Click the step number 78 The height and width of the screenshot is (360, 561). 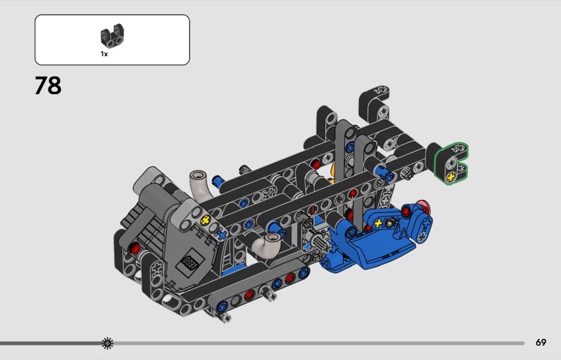click(48, 86)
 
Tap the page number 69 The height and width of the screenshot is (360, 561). click(541, 342)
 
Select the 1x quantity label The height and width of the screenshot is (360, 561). click(104, 54)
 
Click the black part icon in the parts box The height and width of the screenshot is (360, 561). click(112, 36)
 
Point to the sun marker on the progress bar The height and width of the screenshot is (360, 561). click(107, 343)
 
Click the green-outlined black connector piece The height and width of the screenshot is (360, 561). click(450, 164)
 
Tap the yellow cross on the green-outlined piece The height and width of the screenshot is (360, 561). click(451, 176)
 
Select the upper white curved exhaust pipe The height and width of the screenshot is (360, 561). click(201, 185)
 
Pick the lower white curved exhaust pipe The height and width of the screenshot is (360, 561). click(266, 245)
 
